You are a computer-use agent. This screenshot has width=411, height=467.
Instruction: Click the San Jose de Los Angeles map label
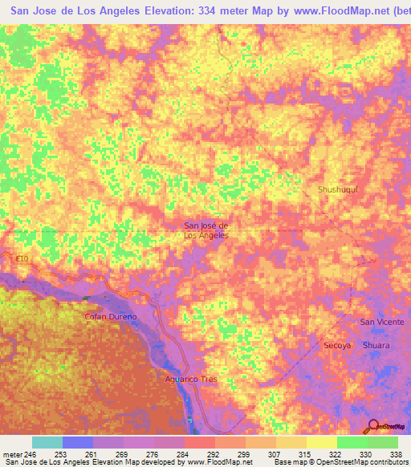click(x=207, y=230)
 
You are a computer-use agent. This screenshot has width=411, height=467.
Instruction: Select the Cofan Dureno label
click(x=112, y=317)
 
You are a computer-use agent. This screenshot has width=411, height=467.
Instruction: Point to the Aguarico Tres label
click(x=187, y=379)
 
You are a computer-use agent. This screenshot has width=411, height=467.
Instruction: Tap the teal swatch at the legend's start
click(x=47, y=442)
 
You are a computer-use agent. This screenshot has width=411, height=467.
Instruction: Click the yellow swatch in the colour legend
click(x=321, y=442)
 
